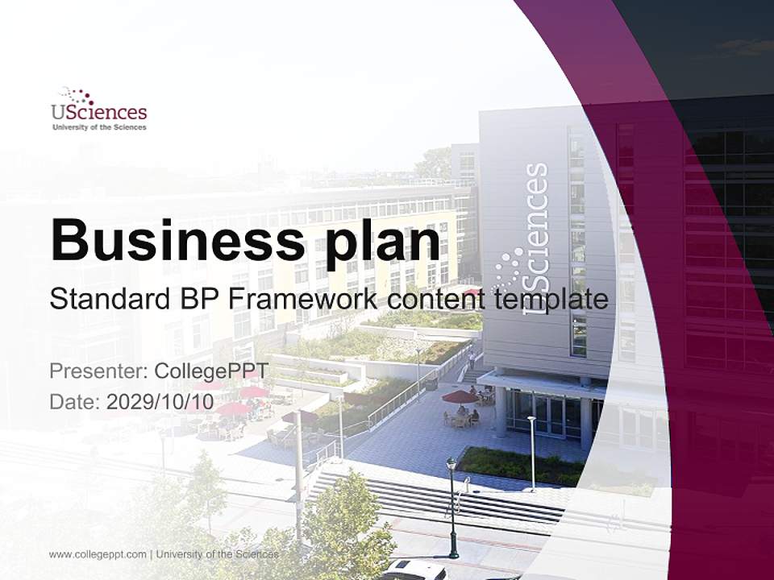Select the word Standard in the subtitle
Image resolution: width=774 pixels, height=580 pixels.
pos(104,300)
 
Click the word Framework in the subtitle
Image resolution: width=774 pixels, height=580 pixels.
pos(301,300)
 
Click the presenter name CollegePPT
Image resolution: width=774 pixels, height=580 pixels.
pos(210,371)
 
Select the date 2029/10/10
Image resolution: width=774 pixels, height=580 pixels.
pos(160,401)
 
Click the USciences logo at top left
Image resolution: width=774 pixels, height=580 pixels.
pos(98,109)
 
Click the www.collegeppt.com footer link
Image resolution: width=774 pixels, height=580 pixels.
pos(98,554)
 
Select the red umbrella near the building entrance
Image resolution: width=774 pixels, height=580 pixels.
pos(460,396)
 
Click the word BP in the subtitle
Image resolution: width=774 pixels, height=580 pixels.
pos(196,300)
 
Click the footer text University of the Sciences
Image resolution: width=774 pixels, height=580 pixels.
pos(217,554)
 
